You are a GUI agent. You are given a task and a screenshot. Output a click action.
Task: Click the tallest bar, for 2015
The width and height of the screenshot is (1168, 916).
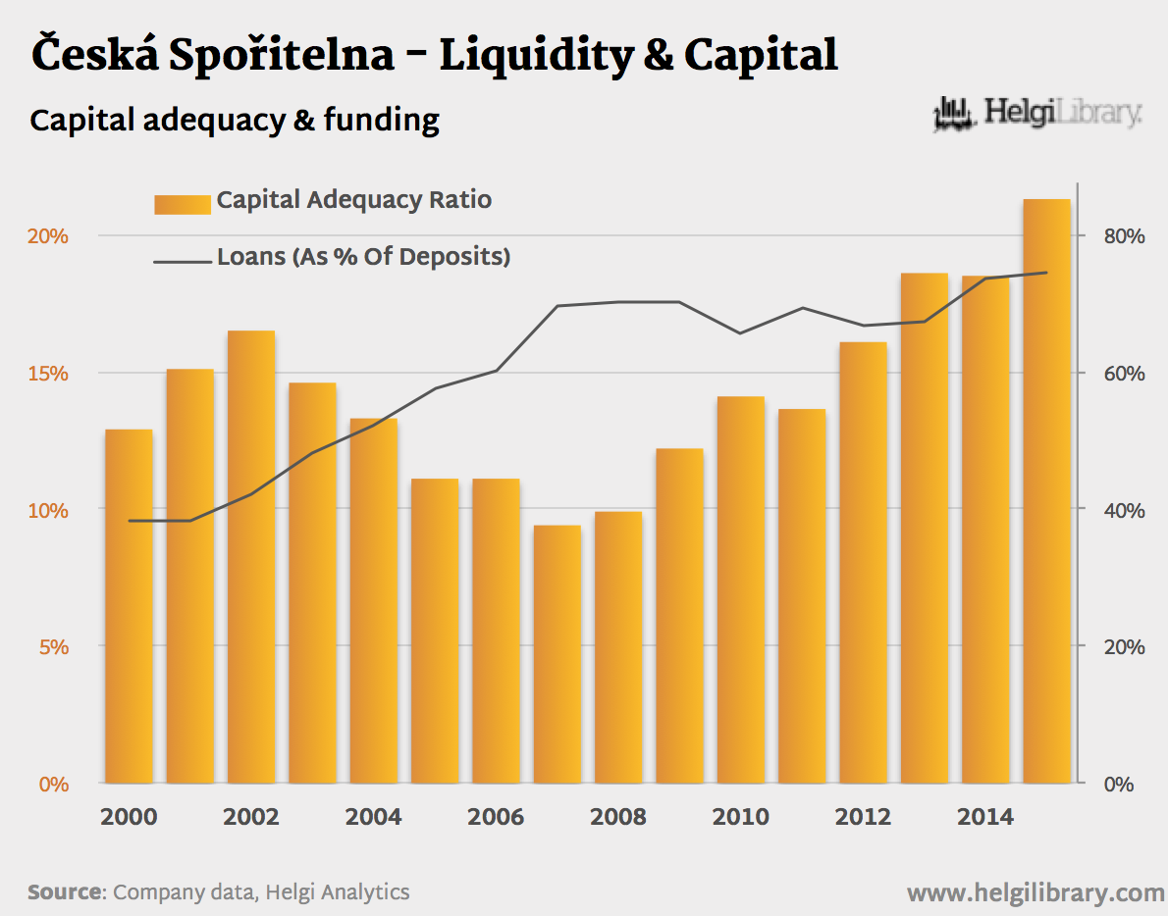pyautogui.click(x=1046, y=490)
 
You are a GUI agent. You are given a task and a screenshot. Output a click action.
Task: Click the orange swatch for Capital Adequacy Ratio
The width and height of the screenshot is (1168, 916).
pyautogui.click(x=183, y=203)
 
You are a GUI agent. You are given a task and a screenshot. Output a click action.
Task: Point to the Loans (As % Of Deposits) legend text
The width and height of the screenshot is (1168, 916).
pyautogui.click(x=363, y=258)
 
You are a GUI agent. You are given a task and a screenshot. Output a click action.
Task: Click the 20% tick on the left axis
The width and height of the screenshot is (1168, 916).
pyautogui.click(x=47, y=236)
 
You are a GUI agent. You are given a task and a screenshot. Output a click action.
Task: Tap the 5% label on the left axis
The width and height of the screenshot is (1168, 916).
pyautogui.click(x=53, y=647)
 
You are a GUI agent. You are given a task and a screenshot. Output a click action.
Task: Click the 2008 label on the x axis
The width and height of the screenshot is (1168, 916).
pyautogui.click(x=618, y=817)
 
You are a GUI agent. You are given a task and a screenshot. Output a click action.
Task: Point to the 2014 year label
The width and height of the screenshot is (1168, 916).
pyautogui.click(x=985, y=817)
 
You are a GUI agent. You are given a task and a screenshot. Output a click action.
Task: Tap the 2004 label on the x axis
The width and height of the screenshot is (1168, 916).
pyautogui.click(x=374, y=817)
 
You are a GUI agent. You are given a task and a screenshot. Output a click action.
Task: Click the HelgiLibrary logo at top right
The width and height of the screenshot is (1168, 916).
pyautogui.click(x=1038, y=115)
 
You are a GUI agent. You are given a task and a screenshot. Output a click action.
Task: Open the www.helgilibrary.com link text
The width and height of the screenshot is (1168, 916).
pyautogui.click(x=1035, y=892)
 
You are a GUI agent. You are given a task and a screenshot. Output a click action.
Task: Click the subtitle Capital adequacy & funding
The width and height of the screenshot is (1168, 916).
pyautogui.click(x=235, y=120)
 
